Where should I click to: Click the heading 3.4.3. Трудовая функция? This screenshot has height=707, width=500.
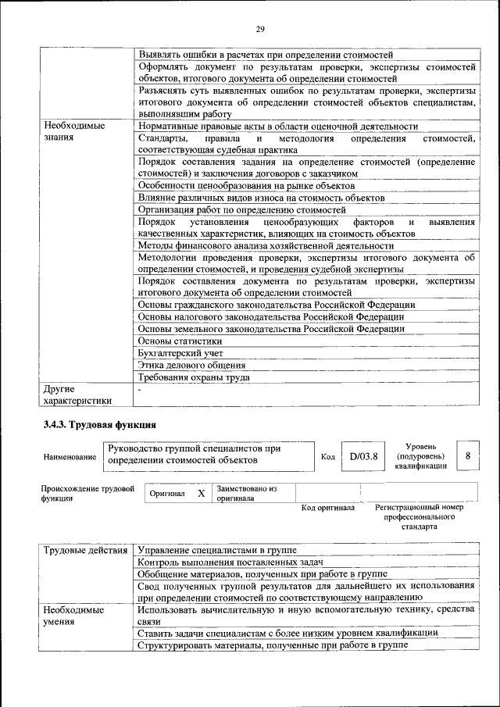100,425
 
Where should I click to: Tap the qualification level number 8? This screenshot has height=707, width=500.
467,455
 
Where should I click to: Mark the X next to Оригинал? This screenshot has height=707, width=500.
201,494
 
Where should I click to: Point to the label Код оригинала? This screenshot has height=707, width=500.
328,508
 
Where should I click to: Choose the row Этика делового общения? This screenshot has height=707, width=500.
192,365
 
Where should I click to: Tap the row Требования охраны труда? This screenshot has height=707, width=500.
194,377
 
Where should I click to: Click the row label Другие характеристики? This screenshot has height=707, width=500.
77,394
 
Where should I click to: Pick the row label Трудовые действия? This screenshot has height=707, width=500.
85,551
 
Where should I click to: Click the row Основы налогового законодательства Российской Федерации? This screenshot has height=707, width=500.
271,316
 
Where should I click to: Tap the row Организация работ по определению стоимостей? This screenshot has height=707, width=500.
241,210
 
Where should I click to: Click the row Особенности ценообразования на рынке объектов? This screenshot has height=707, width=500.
246,186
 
